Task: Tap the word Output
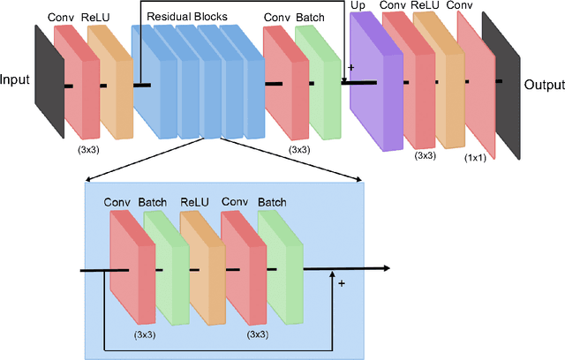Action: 545,85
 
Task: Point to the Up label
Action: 358,6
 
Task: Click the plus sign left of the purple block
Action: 350,67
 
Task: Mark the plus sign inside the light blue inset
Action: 341,283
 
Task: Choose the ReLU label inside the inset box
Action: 195,202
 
